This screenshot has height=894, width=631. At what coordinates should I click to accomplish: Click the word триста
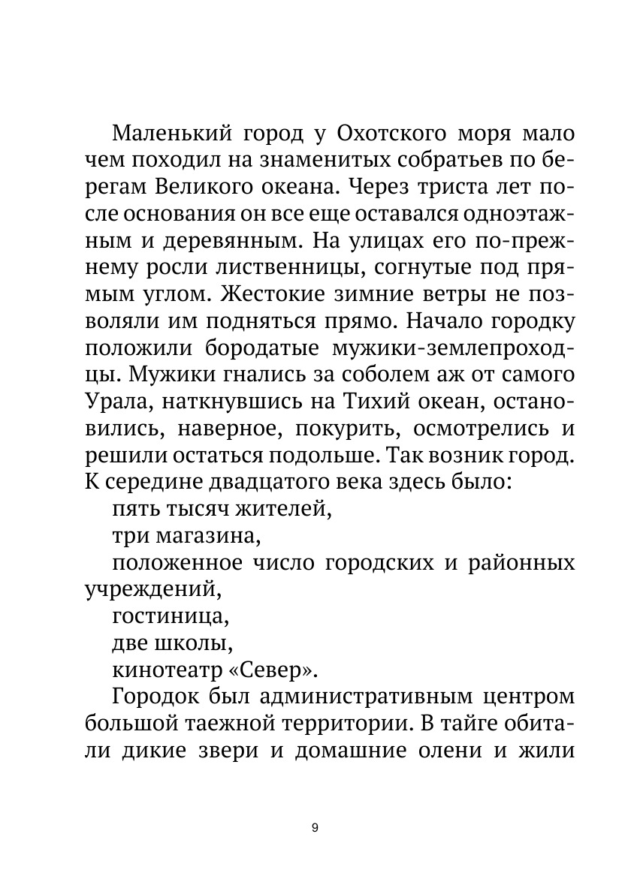click(437, 188)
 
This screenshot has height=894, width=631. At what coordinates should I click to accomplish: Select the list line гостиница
click(170, 616)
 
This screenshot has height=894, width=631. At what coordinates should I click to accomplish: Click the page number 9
click(314, 828)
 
